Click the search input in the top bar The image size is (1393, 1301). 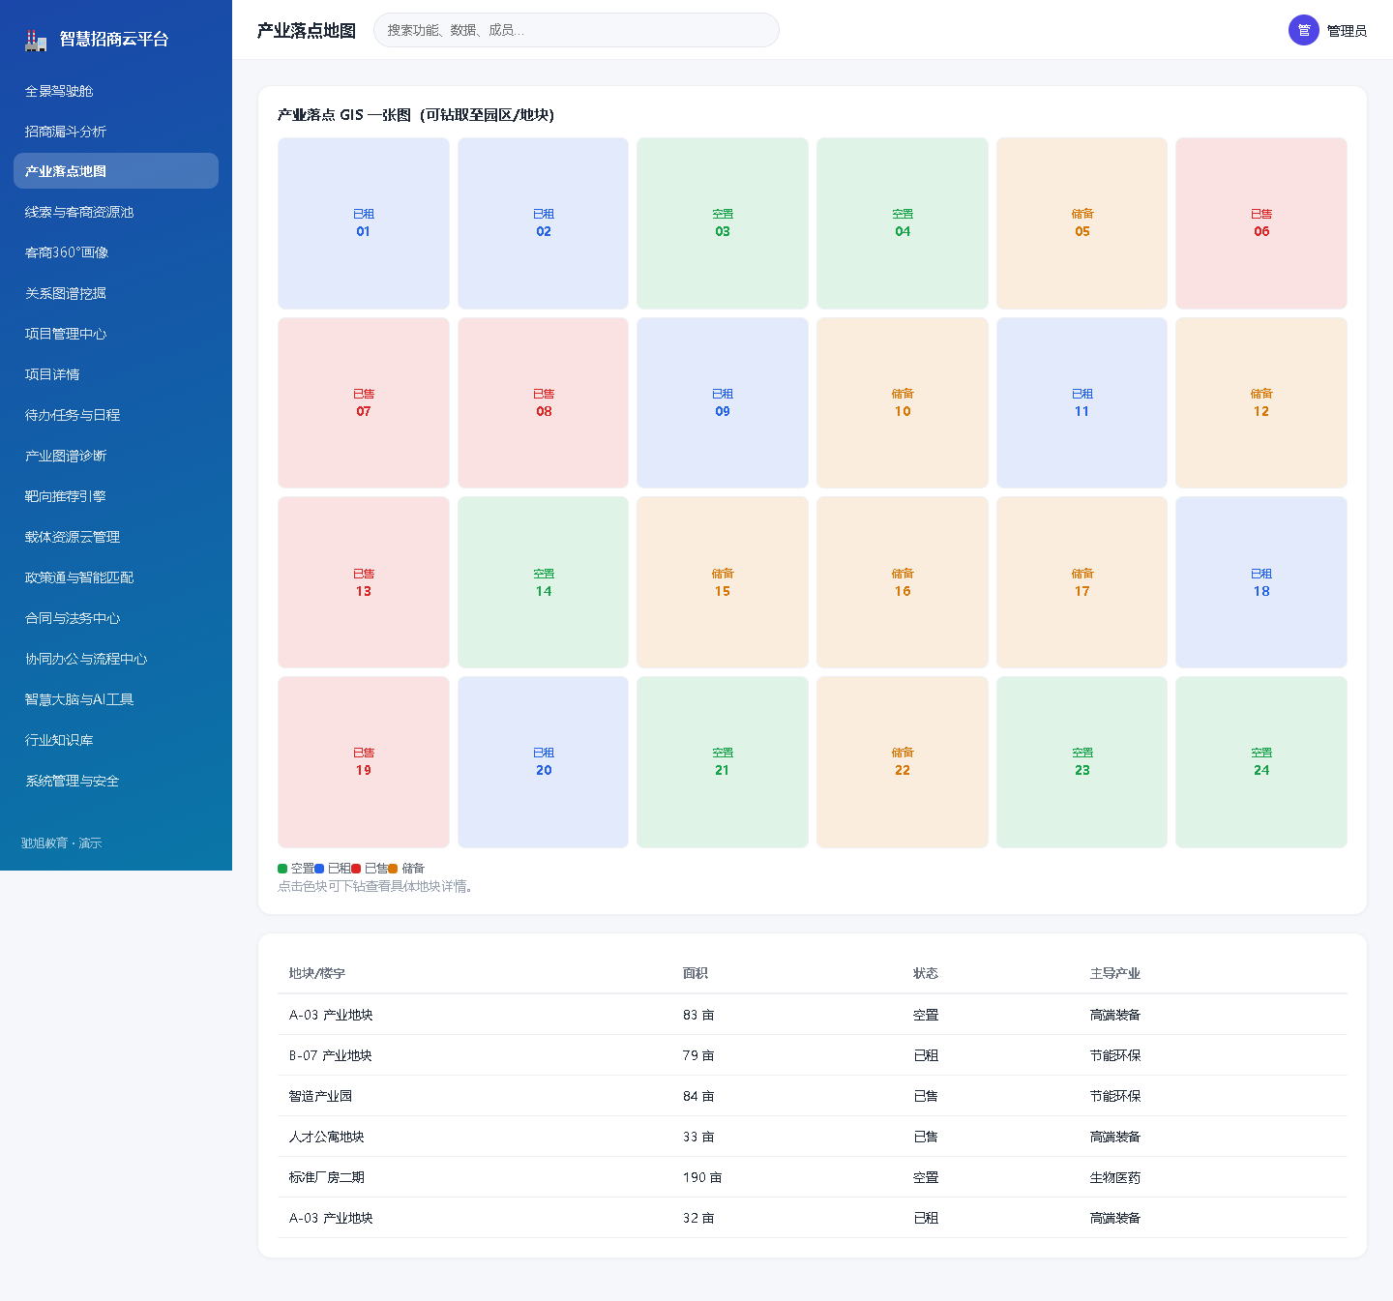click(576, 30)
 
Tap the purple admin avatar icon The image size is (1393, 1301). click(1303, 30)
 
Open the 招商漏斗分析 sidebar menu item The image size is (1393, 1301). click(65, 132)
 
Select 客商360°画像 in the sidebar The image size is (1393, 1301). click(67, 252)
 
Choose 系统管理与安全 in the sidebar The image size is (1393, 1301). click(72, 781)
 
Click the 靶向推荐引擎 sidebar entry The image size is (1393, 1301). click(65, 496)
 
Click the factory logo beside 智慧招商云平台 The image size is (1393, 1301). click(36, 40)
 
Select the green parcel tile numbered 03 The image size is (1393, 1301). click(722, 223)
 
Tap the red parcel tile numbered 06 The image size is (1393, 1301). click(1260, 223)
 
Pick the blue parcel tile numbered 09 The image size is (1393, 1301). click(722, 402)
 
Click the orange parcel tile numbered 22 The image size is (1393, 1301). click(902, 761)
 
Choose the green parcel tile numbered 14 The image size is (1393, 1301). click(543, 582)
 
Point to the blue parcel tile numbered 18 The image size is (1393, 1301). click(1260, 582)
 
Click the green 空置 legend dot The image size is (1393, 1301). click(282, 869)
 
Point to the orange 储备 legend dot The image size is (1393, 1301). click(393, 869)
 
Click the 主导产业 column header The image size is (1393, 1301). click(1114, 973)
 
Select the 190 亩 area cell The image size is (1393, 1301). click(702, 1177)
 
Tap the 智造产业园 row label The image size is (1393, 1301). click(320, 1096)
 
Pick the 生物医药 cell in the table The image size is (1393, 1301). click(1114, 1177)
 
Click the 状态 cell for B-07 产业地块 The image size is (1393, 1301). click(925, 1055)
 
